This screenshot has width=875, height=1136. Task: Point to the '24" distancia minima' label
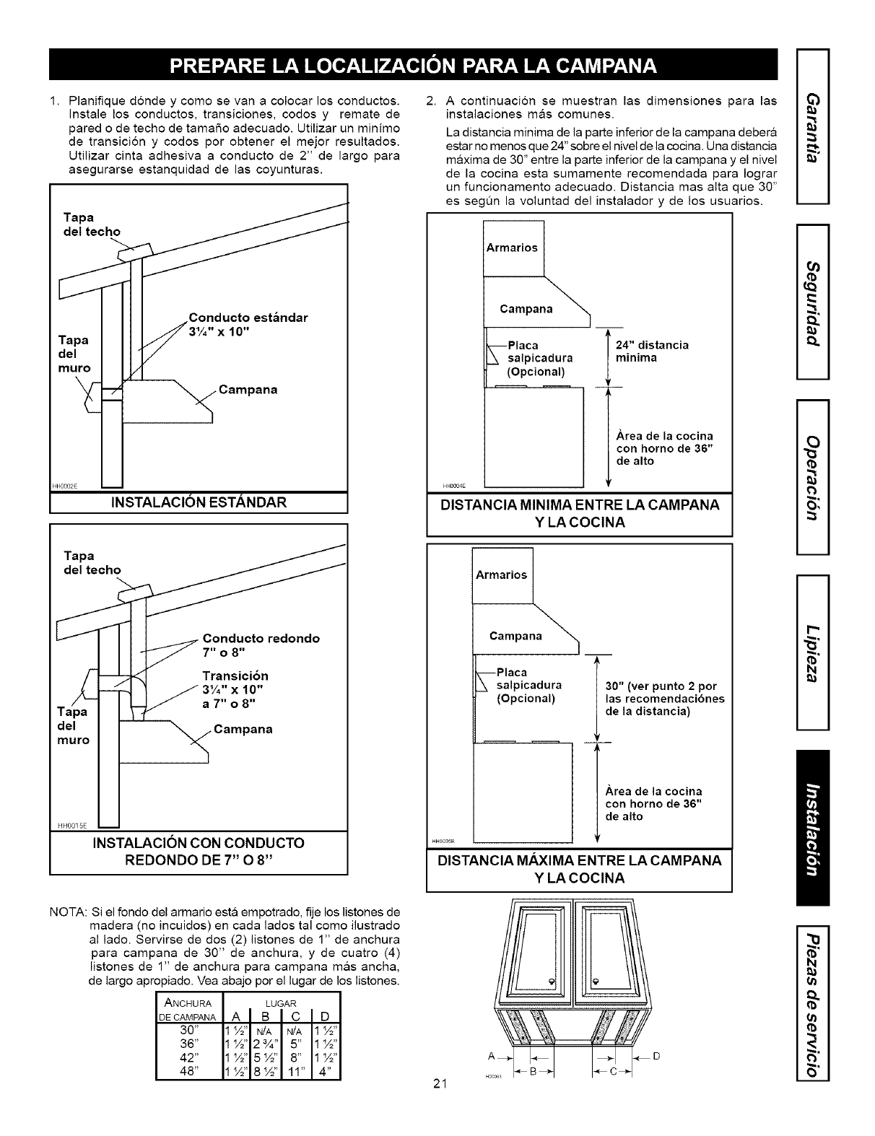(x=652, y=351)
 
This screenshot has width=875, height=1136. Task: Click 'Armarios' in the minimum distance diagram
(x=511, y=248)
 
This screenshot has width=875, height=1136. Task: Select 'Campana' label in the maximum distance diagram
(x=515, y=636)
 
